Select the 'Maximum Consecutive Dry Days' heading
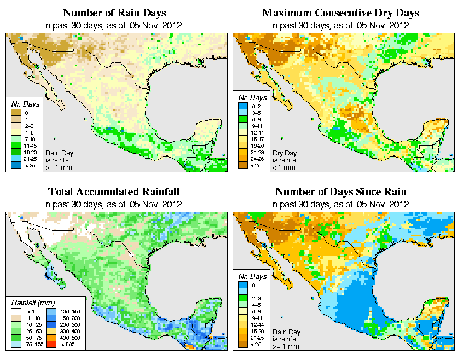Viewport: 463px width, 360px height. [x=340, y=13]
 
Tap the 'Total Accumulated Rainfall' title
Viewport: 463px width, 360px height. [x=113, y=192]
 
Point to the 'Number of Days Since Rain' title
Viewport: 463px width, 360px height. [x=340, y=192]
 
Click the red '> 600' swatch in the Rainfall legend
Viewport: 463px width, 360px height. [x=53, y=345]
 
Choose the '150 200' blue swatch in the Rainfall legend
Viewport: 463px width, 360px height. [x=53, y=317]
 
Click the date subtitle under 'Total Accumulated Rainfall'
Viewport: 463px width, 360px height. [x=113, y=204]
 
